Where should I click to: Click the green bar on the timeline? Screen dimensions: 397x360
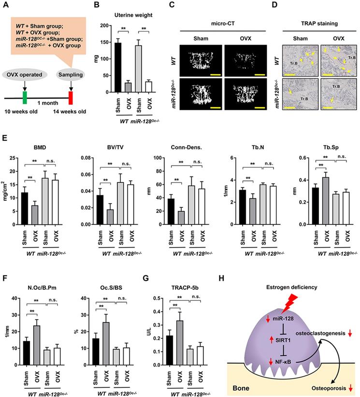tap(25, 97)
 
